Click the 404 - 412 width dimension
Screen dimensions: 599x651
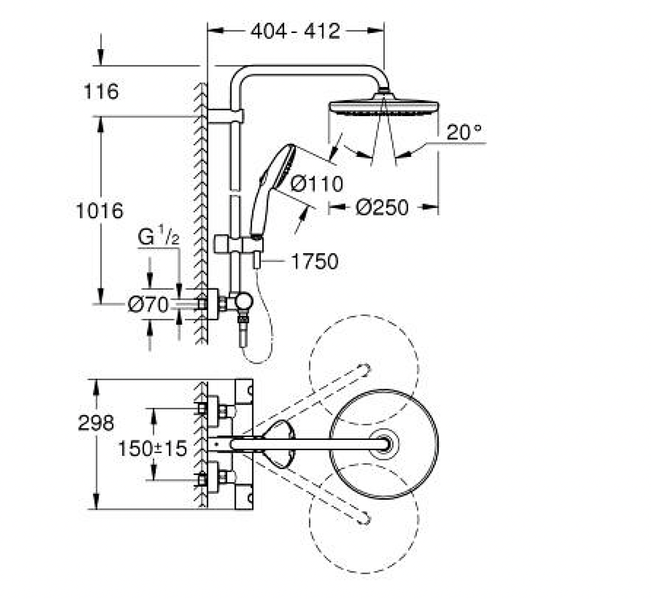tap(295, 31)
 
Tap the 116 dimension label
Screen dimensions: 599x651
tap(101, 91)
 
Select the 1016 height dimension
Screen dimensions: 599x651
tap(100, 210)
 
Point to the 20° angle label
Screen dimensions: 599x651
tap(464, 133)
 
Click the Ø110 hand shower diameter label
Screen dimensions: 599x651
tap(316, 183)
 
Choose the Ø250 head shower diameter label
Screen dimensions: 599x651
tap(382, 208)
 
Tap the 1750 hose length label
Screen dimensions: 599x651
tap(314, 262)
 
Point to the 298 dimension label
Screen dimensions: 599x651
tap(97, 422)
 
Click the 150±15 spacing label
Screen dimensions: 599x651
tap(153, 448)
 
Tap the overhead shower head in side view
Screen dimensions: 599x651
tap(383, 105)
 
